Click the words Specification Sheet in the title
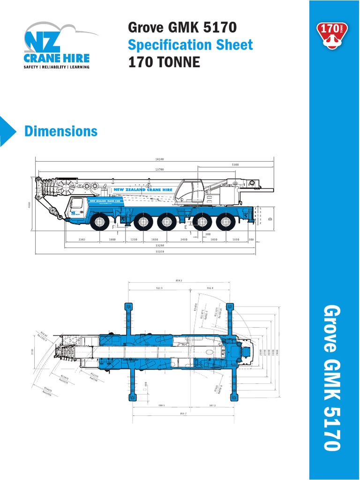[x=190, y=45]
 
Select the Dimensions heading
[x=61, y=131]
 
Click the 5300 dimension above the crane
[x=235, y=165]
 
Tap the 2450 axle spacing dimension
[x=184, y=240]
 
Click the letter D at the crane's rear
[x=270, y=219]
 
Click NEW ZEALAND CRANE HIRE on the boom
[x=142, y=189]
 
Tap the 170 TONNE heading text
[x=164, y=62]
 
